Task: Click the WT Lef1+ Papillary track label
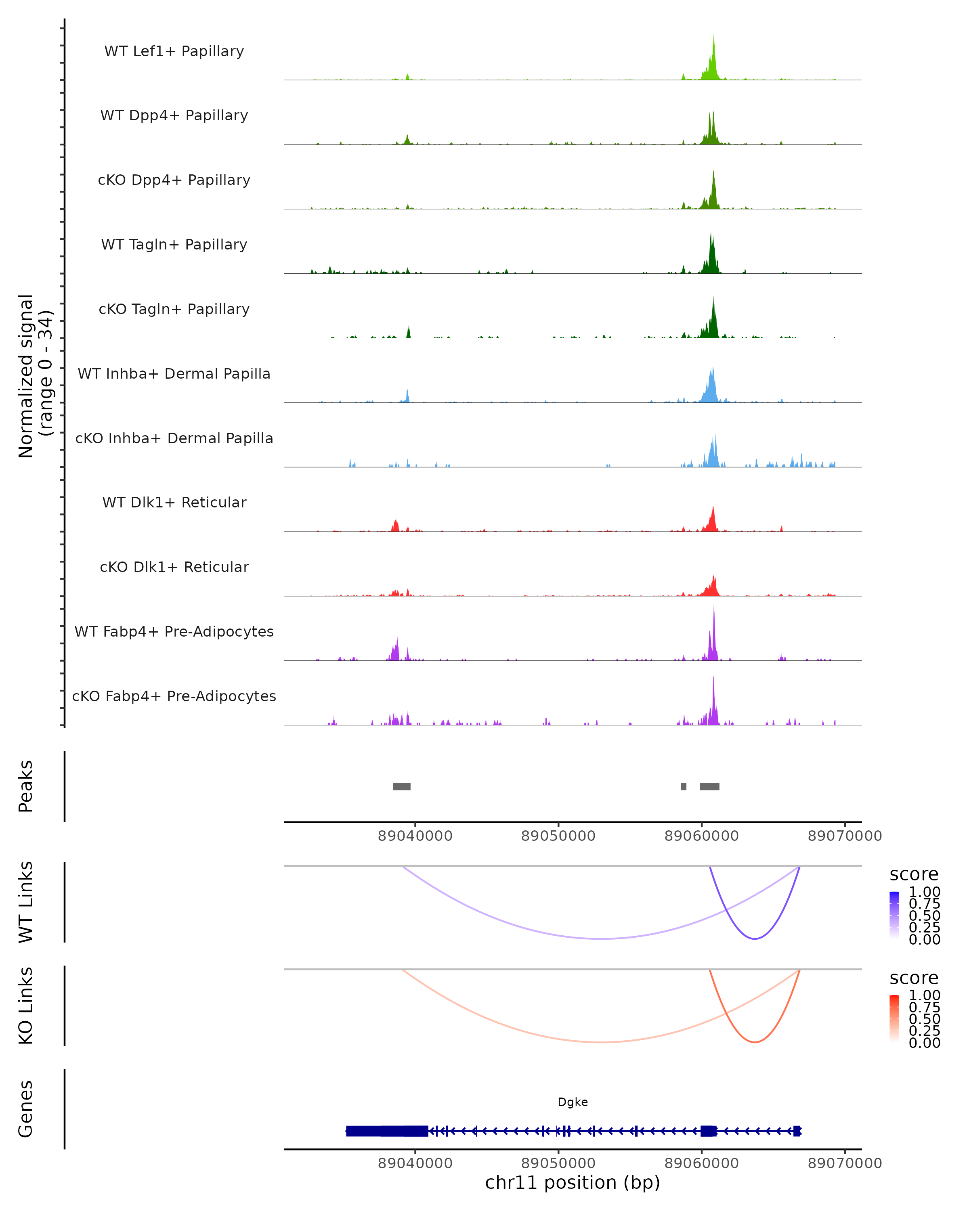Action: (174, 51)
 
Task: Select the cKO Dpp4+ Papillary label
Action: (174, 180)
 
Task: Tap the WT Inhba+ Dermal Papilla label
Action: (174, 374)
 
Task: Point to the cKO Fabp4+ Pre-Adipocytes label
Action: (174, 696)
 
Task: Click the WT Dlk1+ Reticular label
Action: (174, 503)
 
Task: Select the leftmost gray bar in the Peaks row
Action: (402, 786)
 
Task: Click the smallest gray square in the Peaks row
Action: (684, 786)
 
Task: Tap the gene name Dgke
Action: (573, 1102)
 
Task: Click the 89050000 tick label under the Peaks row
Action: (558, 836)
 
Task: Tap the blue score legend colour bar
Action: (894, 914)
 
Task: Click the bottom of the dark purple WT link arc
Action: (755, 939)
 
